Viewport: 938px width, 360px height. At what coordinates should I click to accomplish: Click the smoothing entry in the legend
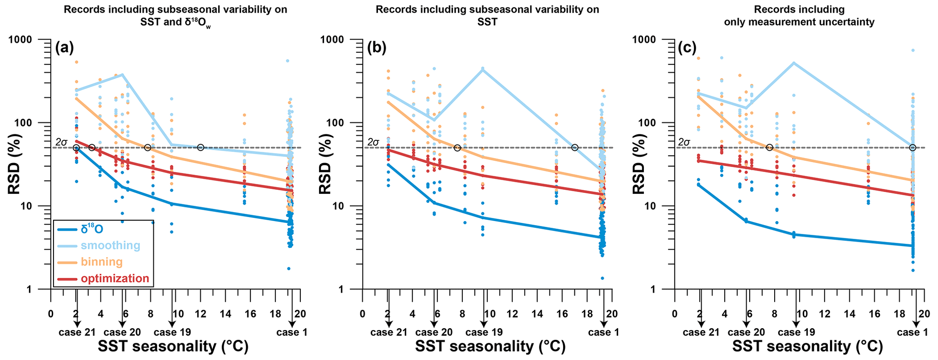(x=110, y=246)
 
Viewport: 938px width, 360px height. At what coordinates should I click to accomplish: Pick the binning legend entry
(x=102, y=262)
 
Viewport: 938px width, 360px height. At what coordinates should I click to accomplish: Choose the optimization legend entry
(x=115, y=278)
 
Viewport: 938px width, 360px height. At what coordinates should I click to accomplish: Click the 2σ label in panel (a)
(x=61, y=143)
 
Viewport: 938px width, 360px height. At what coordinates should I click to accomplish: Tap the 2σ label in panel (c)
(x=684, y=143)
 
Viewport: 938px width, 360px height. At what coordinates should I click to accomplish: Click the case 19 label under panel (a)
(x=172, y=332)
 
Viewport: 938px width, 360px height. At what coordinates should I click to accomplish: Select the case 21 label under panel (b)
(x=389, y=332)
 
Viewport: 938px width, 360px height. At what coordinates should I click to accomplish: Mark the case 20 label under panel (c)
(x=746, y=332)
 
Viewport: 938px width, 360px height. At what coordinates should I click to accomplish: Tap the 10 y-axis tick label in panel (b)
(x=348, y=206)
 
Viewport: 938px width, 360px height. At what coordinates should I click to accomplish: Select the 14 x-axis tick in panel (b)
(x=537, y=314)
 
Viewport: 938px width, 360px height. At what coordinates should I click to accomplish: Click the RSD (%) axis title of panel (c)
(x=638, y=164)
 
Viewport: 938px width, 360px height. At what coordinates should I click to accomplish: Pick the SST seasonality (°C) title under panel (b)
(x=490, y=347)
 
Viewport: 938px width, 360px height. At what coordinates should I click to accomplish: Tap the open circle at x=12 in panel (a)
(x=201, y=148)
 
